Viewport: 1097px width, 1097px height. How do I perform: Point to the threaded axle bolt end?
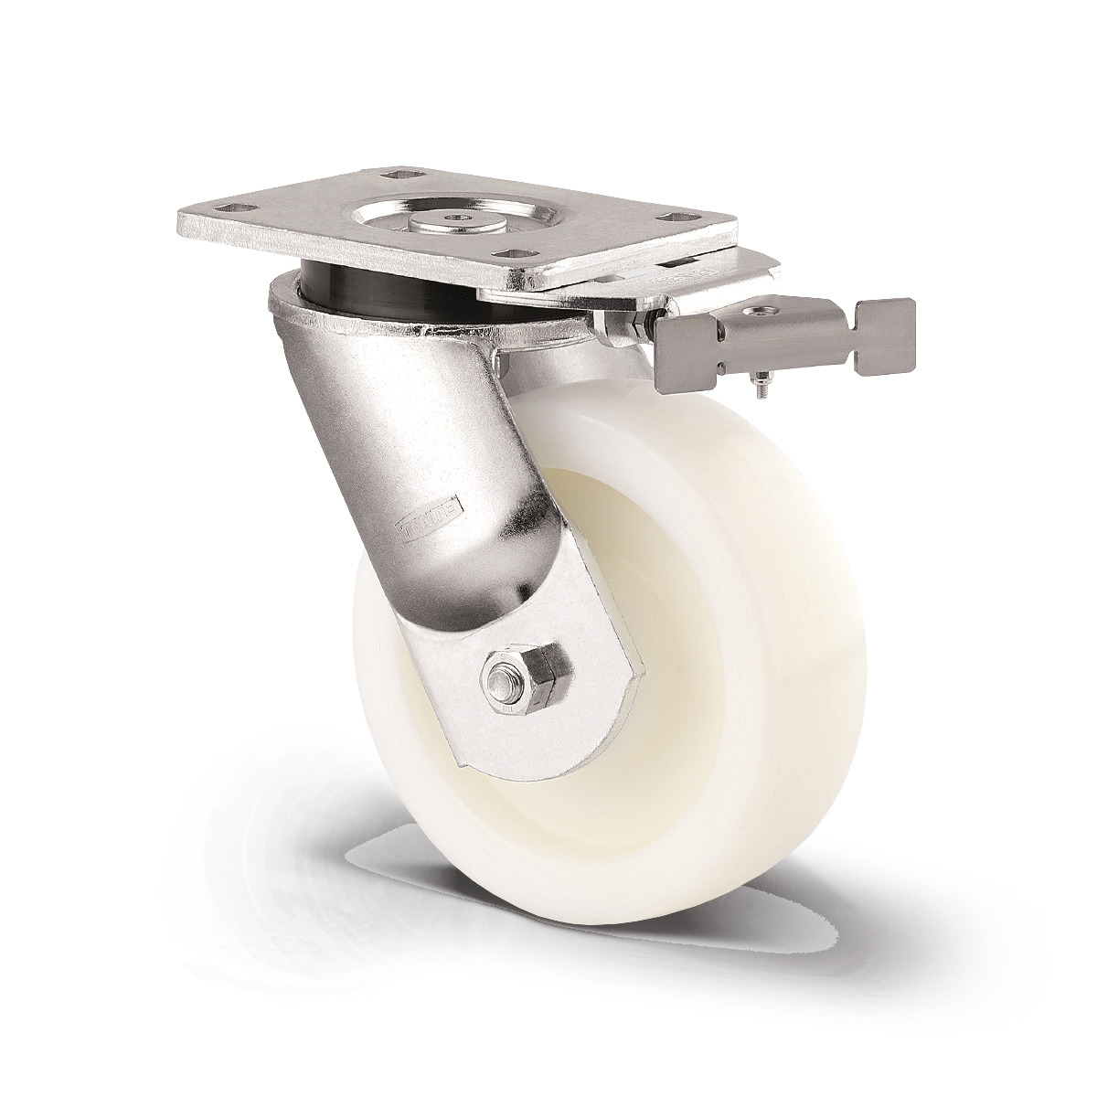[x=499, y=681]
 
